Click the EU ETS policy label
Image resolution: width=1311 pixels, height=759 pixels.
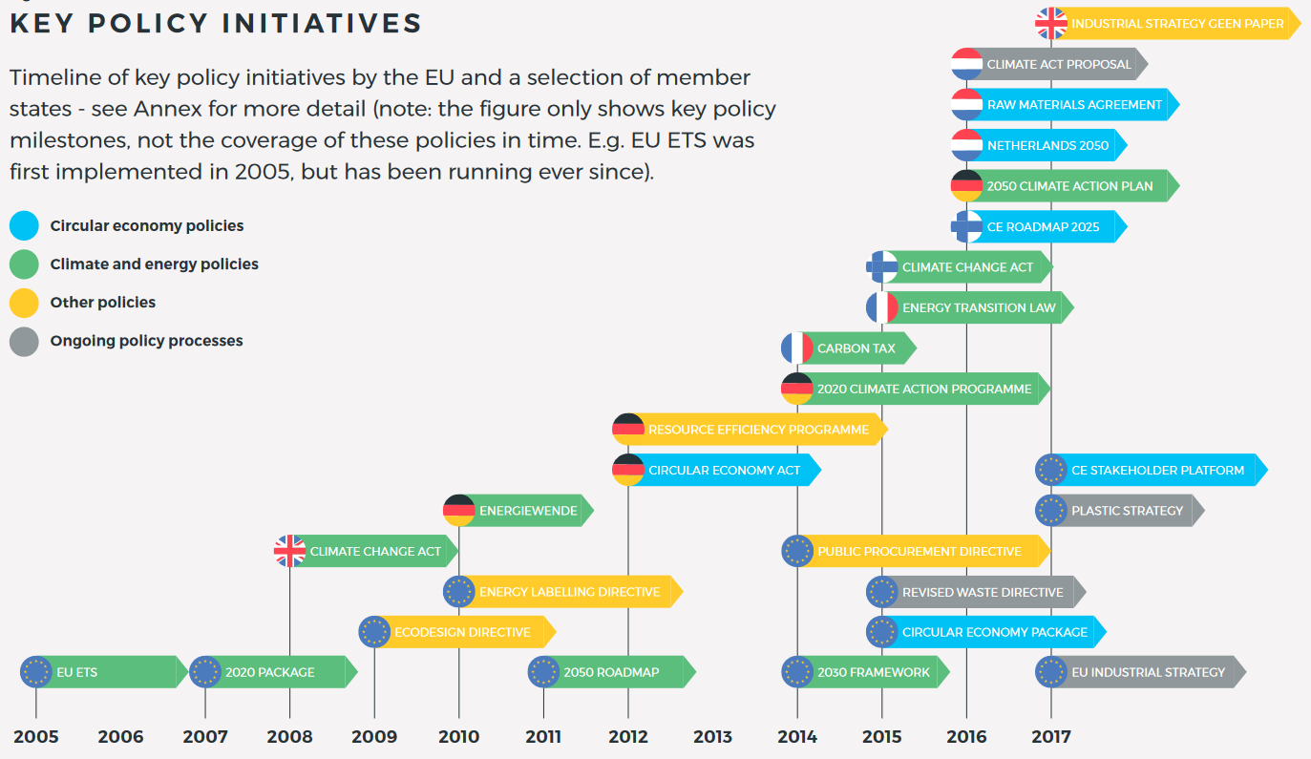coord(76,672)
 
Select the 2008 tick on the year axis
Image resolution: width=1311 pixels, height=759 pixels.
coord(289,736)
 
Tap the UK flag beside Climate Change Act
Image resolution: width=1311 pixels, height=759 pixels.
coord(289,551)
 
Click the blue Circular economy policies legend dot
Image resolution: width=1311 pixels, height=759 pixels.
coord(24,226)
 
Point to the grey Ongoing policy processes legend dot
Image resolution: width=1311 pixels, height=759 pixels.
coord(24,341)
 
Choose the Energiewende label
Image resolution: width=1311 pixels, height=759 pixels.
coord(527,511)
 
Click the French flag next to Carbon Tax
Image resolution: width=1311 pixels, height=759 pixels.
coord(796,348)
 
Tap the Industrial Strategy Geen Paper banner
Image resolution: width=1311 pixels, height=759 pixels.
coord(1176,24)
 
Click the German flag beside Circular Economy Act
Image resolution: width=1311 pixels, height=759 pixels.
coord(627,470)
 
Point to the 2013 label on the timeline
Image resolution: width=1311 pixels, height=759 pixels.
coord(712,736)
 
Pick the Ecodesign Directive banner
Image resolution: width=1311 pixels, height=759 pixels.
coord(462,632)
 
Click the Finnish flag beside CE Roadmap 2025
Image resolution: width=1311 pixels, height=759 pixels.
coord(966,227)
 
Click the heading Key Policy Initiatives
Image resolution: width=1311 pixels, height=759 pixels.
coord(216,24)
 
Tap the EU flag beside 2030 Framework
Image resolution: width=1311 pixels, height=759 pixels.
coord(796,672)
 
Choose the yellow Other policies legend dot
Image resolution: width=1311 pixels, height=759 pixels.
coord(24,303)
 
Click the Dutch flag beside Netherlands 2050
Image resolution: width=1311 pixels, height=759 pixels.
coord(966,146)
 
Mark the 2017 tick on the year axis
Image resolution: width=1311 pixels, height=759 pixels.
coord(1050,736)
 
